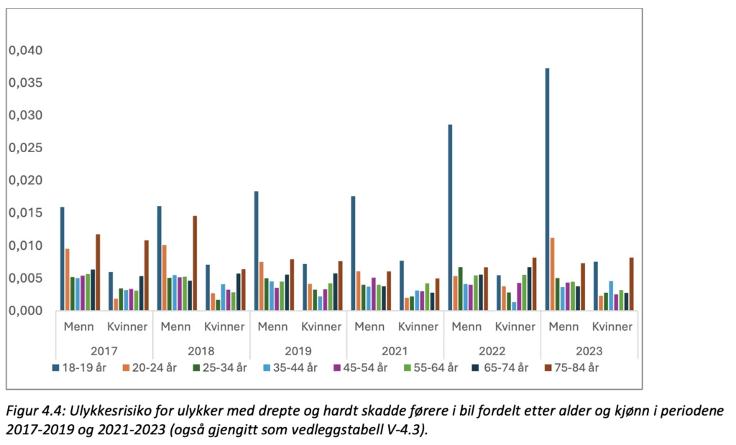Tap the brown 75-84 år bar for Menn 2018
(194, 263)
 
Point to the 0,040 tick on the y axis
(25, 51)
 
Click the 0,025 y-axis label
(25, 148)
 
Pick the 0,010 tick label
(25, 245)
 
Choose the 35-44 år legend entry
(290, 368)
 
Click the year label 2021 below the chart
(395, 351)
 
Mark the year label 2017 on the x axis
(103, 351)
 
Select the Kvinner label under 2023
(613, 327)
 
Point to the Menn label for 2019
(272, 327)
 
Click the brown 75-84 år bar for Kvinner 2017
(147, 275)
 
